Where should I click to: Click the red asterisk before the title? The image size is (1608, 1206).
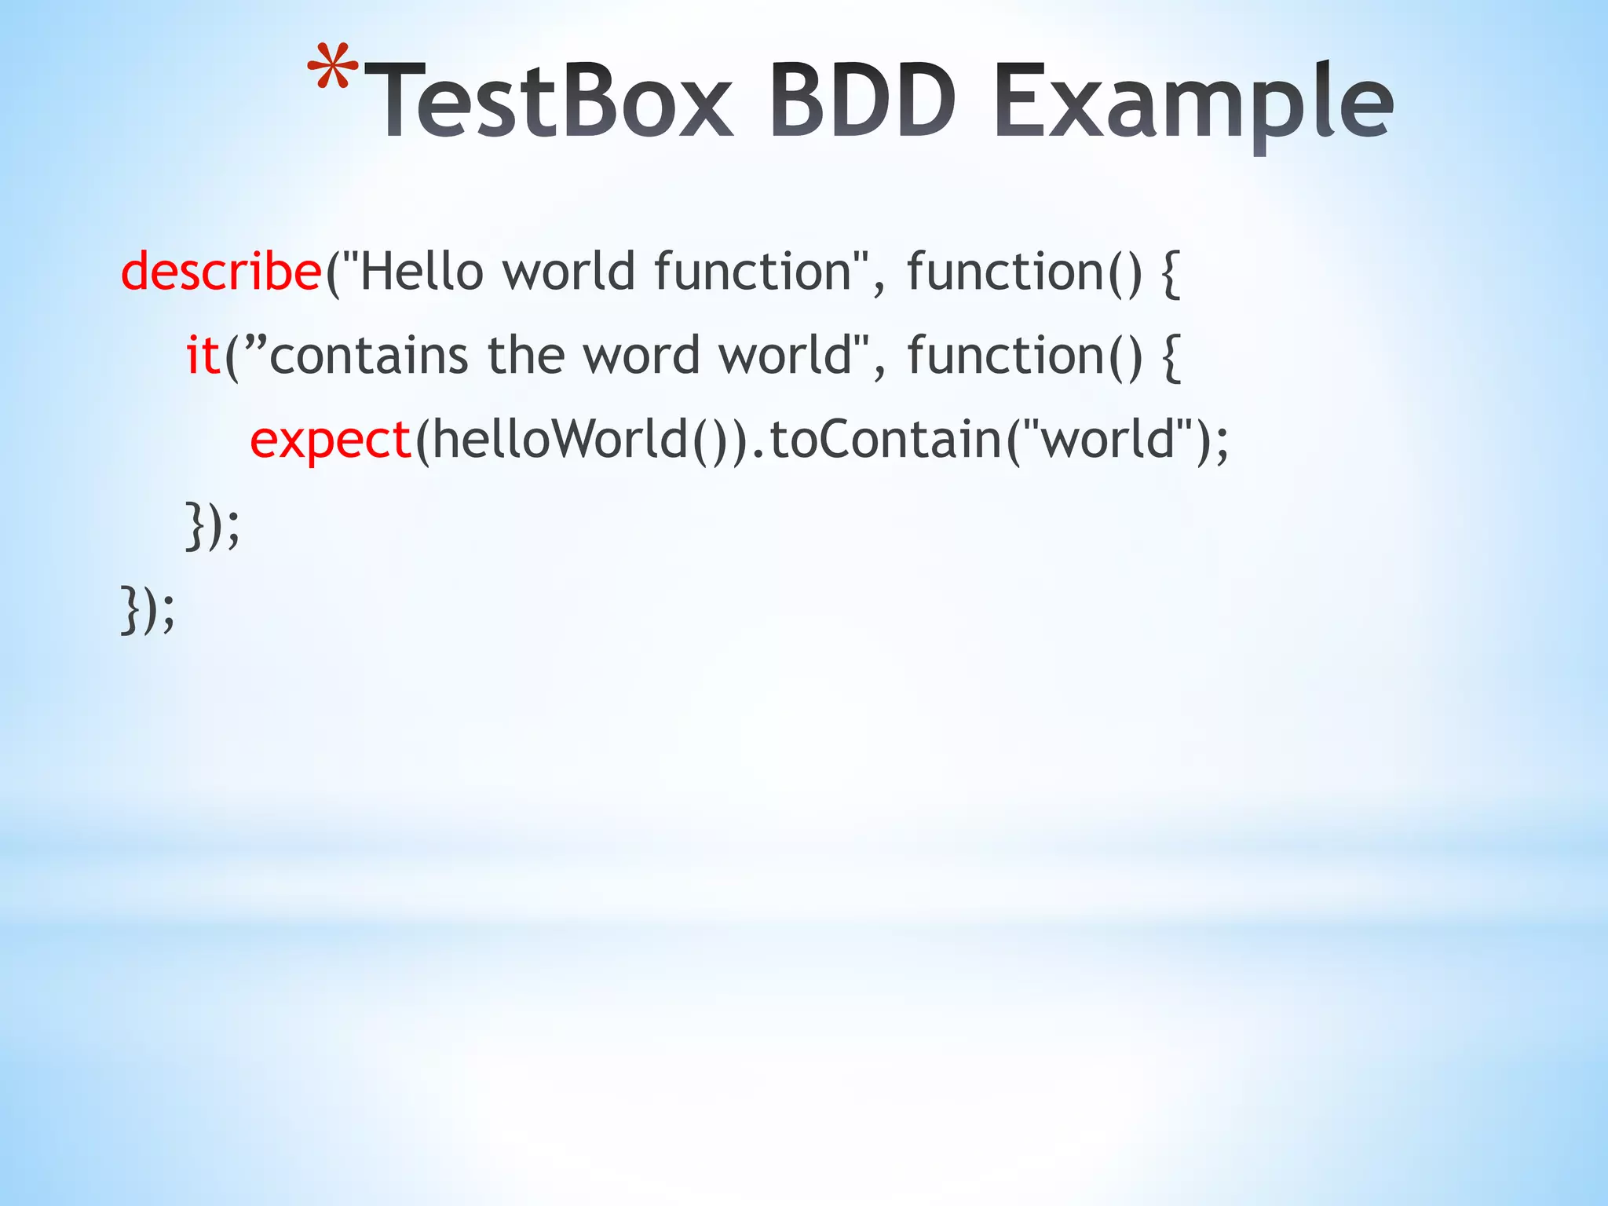click(332, 68)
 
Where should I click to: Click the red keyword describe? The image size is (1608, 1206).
click(221, 272)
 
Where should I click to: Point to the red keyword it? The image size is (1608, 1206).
click(203, 355)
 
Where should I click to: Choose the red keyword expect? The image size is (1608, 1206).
click(331, 440)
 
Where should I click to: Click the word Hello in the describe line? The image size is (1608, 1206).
click(421, 272)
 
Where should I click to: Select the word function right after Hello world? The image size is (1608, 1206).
click(753, 272)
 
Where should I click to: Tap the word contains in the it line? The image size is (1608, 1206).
click(369, 355)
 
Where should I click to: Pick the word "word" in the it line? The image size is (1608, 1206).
click(641, 355)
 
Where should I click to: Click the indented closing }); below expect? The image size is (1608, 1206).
click(212, 524)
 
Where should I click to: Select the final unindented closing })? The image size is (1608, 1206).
click(148, 609)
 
